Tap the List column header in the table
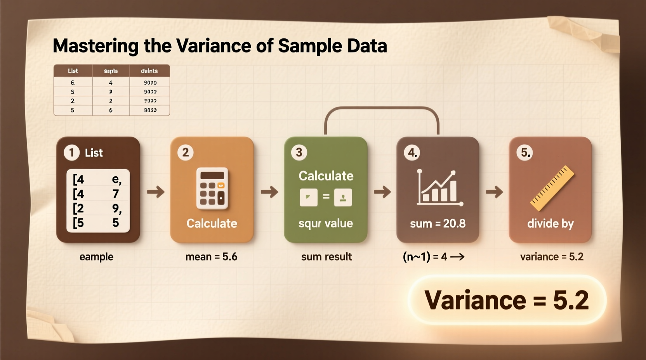click(73, 71)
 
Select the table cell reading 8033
click(150, 110)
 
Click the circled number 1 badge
click(71, 152)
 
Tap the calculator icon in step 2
click(212, 189)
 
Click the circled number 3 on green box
click(299, 152)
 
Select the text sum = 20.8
click(438, 223)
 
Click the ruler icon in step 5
click(552, 189)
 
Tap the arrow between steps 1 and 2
click(156, 192)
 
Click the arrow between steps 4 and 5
click(494, 192)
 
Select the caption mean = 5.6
click(211, 257)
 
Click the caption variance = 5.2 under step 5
click(551, 257)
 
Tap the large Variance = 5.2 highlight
click(507, 300)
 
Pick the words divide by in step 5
click(550, 223)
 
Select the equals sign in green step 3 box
click(326, 197)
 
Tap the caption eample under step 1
click(96, 257)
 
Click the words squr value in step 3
click(325, 223)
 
